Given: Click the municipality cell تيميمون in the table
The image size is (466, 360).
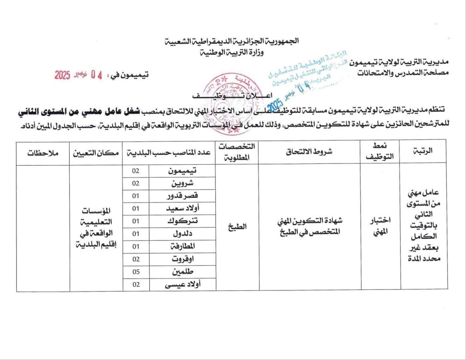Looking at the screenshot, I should [182, 171].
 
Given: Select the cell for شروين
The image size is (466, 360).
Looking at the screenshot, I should [182, 184].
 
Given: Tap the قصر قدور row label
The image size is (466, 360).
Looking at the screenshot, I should [182, 196].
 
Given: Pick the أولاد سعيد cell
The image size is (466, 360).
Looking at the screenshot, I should [182, 209].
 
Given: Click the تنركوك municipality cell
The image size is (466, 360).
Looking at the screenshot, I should [182, 221].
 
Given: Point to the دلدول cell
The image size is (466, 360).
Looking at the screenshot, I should [182, 234].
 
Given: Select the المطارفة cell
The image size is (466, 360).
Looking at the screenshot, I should [182, 246].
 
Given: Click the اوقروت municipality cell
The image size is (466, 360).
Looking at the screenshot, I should [182, 259].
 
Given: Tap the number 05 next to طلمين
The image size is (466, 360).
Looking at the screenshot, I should [136, 272].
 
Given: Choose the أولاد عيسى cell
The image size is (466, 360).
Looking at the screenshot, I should [182, 284].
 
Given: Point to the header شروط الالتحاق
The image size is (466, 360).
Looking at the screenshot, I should [309, 152].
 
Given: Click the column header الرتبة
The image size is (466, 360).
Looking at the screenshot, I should [423, 153].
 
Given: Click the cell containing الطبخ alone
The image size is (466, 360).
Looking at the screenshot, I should [237, 227].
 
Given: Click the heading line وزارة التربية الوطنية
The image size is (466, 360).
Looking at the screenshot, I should [233, 52].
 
